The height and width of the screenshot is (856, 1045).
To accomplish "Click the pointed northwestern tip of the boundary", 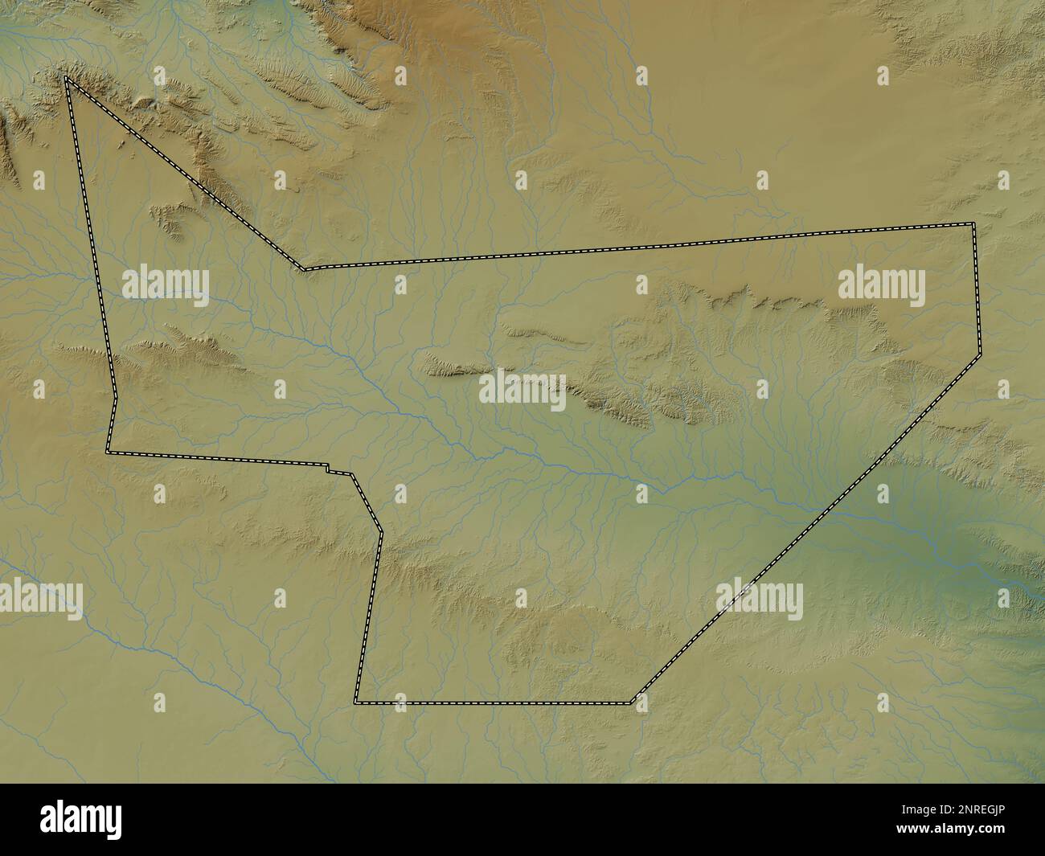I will (x=67, y=78).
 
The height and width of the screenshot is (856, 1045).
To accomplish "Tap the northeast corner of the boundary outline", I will (x=973, y=223).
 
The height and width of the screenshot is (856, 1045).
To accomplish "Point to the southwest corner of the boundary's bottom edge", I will (x=355, y=702).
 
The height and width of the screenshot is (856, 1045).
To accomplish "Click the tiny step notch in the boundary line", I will (x=328, y=468).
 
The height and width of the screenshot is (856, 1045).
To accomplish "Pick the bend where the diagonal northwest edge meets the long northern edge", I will (x=304, y=268).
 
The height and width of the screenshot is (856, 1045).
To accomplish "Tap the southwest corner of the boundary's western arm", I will (x=108, y=453).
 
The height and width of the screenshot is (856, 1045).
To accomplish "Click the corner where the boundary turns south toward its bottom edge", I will (x=381, y=531).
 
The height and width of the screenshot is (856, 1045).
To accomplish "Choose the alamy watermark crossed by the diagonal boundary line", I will (x=759, y=601).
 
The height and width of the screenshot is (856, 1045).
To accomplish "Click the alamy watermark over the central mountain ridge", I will (x=522, y=390).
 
